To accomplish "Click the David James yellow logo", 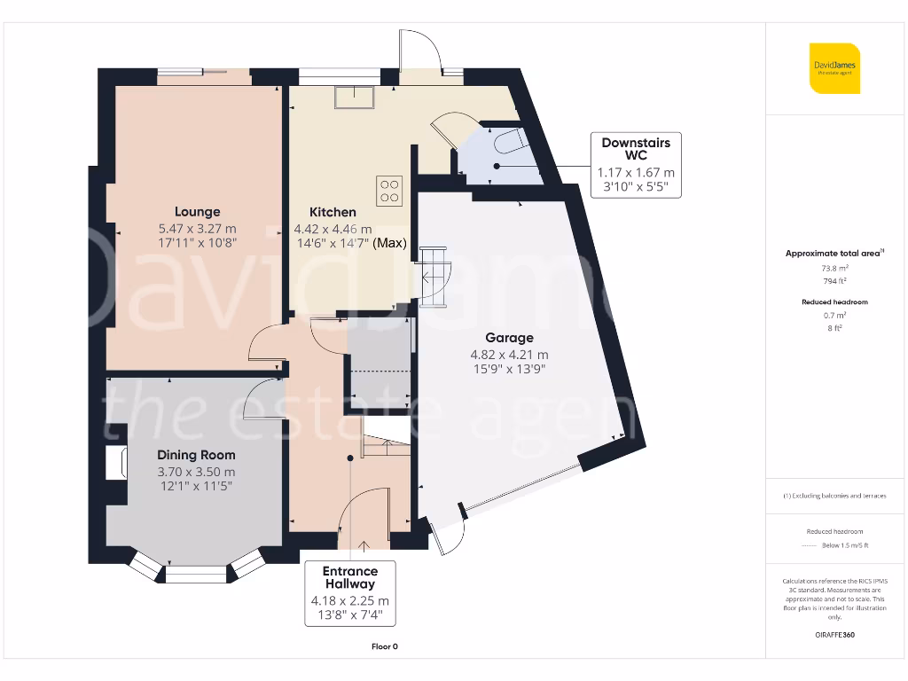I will click(x=834, y=67).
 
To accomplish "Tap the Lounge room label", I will click(x=197, y=212).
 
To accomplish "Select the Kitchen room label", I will click(x=333, y=212).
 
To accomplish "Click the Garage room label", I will click(x=509, y=338).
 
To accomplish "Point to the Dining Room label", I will click(x=197, y=455).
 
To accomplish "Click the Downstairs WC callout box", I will click(x=636, y=165).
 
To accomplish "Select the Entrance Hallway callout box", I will click(x=349, y=593).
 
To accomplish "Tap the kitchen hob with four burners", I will click(x=388, y=191).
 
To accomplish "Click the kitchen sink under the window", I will click(x=355, y=97).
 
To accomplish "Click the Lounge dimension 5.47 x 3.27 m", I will click(x=197, y=228).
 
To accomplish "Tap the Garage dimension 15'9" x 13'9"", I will click(x=509, y=370).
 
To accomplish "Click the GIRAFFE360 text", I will click(x=834, y=635).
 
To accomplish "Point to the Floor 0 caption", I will click(x=384, y=646).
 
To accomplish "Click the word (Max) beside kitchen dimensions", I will click(x=390, y=243).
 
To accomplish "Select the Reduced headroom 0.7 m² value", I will click(x=834, y=315).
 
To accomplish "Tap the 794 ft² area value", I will click(x=834, y=280).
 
